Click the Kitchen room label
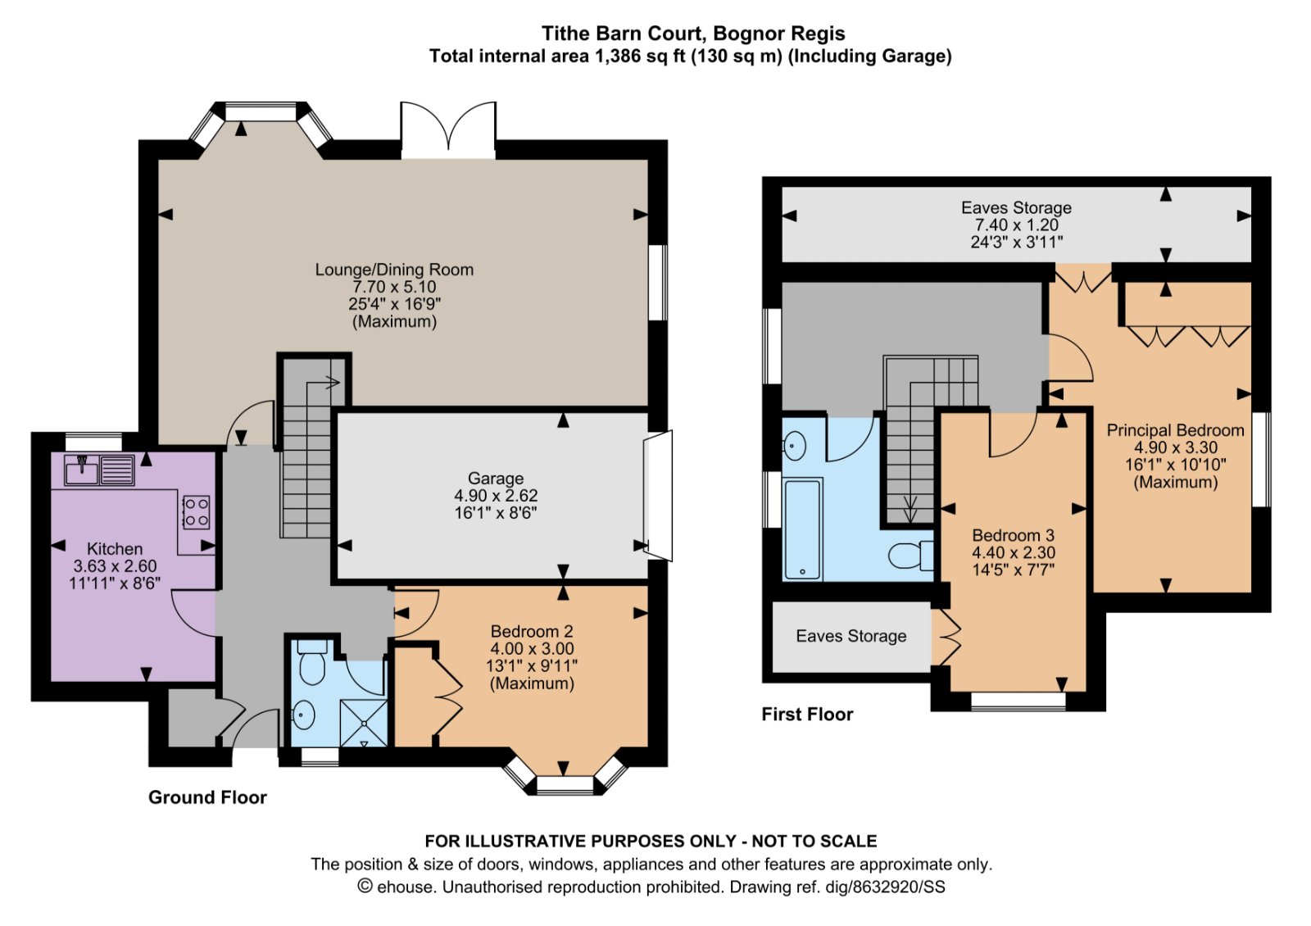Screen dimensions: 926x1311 [x=115, y=549]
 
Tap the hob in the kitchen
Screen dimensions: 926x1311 [x=196, y=512]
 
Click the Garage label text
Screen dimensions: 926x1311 [x=496, y=479]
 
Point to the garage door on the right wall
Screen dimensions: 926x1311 [x=658, y=496]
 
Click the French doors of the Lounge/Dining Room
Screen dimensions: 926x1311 [x=448, y=129]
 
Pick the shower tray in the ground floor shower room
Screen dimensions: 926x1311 [x=364, y=722]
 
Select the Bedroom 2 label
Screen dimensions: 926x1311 [x=532, y=632]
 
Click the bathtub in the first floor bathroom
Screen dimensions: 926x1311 [x=802, y=529]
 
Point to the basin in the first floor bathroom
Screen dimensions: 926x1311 [x=795, y=447]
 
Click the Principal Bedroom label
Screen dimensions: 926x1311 [x=1175, y=430]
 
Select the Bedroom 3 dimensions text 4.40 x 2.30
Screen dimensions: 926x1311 [x=1014, y=553]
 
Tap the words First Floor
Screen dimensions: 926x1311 [x=807, y=715]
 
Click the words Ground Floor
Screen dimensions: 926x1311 [x=207, y=797]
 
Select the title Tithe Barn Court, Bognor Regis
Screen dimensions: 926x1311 [x=693, y=34]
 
